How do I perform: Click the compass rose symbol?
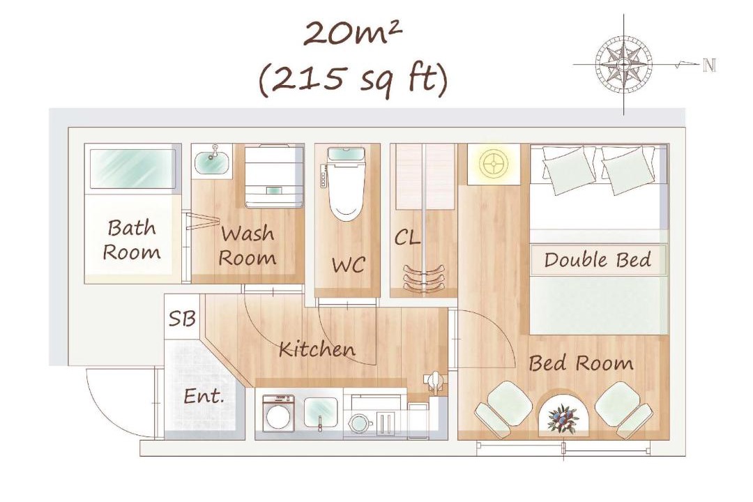click(624, 64)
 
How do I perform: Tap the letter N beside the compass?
click(709, 65)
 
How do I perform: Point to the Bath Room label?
click(132, 240)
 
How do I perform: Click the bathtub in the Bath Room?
click(132, 169)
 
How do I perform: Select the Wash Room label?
click(248, 245)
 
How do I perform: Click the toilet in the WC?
click(347, 183)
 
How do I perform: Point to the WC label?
click(348, 265)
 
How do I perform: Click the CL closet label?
click(406, 237)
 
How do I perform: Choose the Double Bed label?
click(598, 260)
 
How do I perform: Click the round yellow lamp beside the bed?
click(494, 164)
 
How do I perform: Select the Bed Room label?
click(581, 363)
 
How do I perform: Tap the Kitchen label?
click(317, 349)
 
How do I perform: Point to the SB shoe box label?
click(182, 319)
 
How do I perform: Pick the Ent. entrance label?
click(204, 396)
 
